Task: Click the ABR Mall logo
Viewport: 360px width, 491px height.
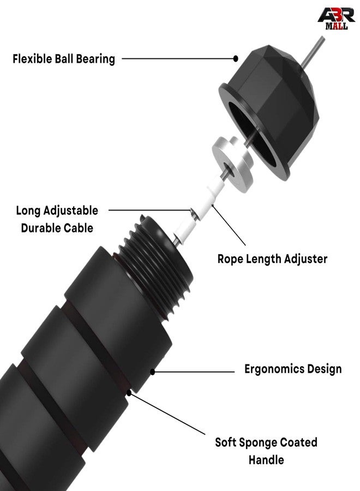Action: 336,19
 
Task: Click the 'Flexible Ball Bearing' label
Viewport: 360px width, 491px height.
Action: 64,59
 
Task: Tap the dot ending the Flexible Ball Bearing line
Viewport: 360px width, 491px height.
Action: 236,58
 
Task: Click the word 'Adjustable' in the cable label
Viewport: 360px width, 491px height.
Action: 70,211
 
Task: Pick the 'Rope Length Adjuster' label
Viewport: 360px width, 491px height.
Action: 272,259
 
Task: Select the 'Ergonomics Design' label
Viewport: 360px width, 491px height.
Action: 293,369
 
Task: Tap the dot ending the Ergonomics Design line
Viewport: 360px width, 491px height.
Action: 152,372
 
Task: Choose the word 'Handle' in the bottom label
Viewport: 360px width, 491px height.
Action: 266,460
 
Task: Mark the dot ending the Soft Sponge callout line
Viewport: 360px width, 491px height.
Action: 129,393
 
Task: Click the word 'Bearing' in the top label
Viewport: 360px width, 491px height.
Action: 95,59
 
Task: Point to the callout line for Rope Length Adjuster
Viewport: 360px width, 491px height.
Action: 229,225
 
